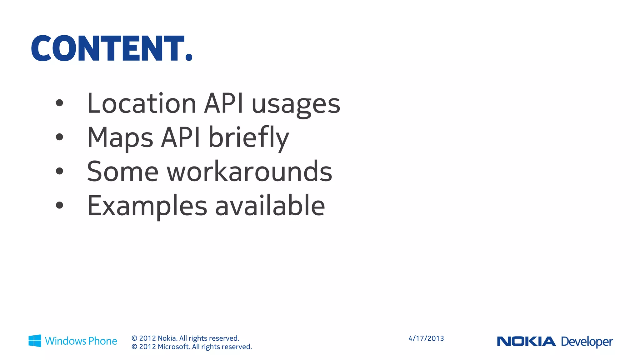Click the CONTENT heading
(x=108, y=48)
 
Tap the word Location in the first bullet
(x=141, y=103)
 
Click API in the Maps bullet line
(x=181, y=137)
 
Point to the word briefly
(x=248, y=138)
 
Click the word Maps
(x=120, y=138)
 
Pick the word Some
(x=122, y=172)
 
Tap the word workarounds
(x=249, y=172)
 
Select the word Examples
(x=147, y=206)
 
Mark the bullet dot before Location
(x=59, y=103)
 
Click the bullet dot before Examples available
(x=59, y=205)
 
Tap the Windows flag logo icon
(x=35, y=341)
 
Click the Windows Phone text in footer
(x=81, y=341)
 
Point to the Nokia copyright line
(x=185, y=338)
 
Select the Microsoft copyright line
(x=192, y=347)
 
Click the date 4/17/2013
(x=426, y=338)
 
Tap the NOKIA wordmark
(x=526, y=341)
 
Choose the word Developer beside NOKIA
(x=587, y=342)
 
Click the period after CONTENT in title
(x=189, y=57)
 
